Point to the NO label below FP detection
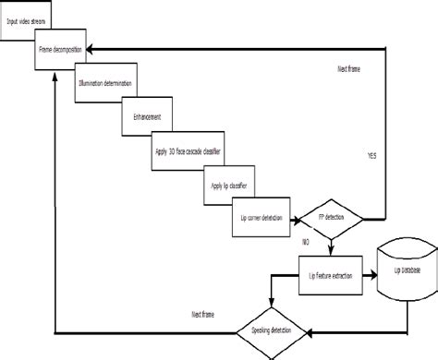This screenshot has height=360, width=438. [x=305, y=241]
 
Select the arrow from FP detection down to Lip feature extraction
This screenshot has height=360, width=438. [x=329, y=249]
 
